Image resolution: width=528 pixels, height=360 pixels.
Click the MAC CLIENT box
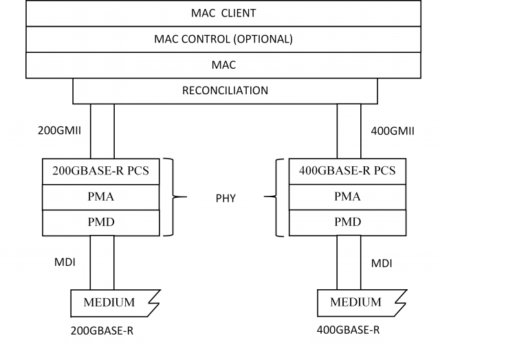tap(223, 13)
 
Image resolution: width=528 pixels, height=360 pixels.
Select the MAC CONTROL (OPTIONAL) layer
tap(223, 39)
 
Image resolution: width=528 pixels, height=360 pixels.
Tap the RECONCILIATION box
tap(225, 91)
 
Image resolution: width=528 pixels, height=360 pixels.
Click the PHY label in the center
tap(225, 199)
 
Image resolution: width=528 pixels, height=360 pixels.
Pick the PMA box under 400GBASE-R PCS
tap(348, 197)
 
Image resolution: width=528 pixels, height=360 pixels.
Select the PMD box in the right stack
tap(348, 223)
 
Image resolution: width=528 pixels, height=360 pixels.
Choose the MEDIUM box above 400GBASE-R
tap(355, 302)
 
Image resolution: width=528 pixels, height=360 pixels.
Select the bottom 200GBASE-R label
tap(104, 330)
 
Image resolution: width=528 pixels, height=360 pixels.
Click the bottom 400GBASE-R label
tap(349, 330)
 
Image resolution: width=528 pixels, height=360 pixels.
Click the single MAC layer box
tap(223, 65)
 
